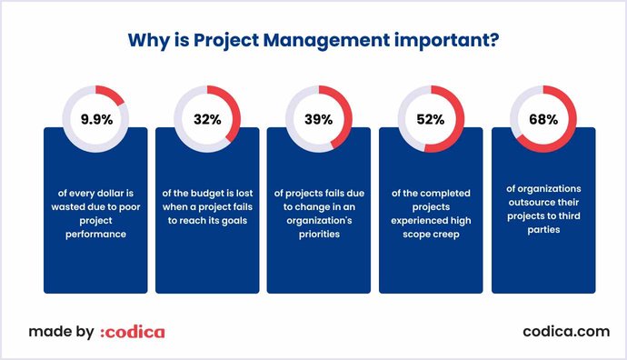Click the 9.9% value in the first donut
tap(96, 118)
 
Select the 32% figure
tap(208, 118)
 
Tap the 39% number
tap(319, 118)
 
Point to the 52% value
tap(431, 118)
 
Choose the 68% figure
tap(543, 118)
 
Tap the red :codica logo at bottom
tap(133, 332)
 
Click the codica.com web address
tap(566, 332)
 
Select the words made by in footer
tap(60, 332)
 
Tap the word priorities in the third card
tap(318, 234)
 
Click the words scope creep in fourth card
tap(431, 234)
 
